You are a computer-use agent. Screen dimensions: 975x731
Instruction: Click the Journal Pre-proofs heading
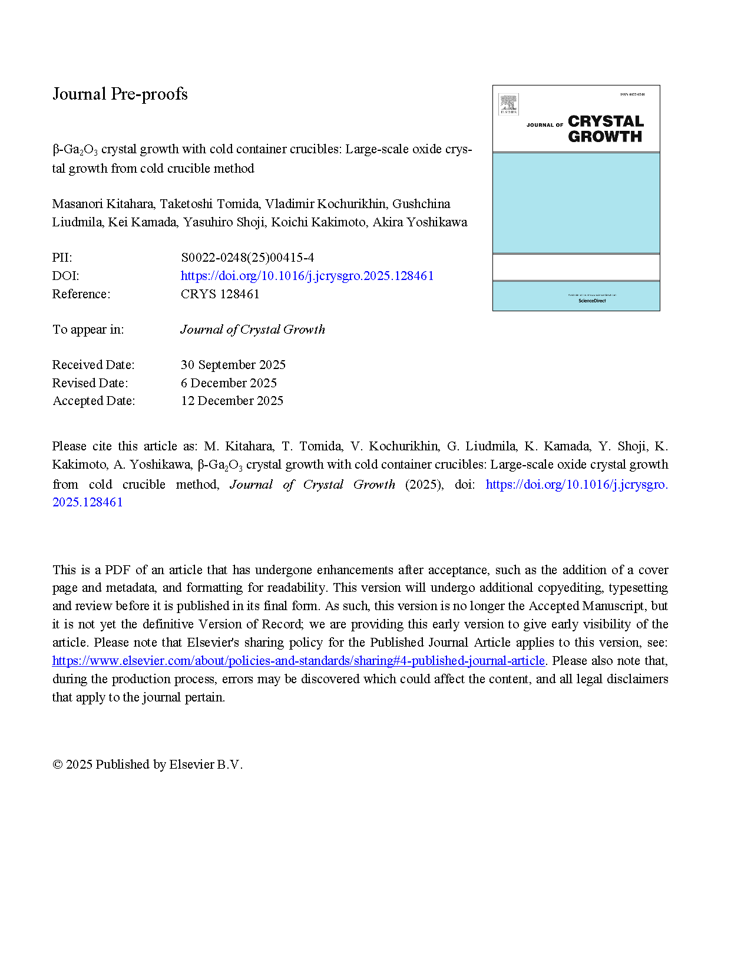(x=120, y=94)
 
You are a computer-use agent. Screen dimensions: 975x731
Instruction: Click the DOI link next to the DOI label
(x=307, y=276)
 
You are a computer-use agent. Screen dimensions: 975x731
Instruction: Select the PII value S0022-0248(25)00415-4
(x=247, y=258)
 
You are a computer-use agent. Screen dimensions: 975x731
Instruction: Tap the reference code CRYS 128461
(x=220, y=294)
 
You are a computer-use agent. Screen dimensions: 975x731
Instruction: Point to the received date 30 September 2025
(x=233, y=365)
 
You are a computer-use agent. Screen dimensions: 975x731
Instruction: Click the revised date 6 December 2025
(x=229, y=383)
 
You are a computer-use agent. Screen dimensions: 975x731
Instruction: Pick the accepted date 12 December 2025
(x=232, y=401)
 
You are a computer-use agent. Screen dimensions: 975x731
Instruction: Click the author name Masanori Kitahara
(x=103, y=204)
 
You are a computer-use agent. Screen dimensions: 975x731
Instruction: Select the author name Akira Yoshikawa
(x=420, y=222)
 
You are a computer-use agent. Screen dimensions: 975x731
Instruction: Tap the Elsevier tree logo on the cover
(x=508, y=104)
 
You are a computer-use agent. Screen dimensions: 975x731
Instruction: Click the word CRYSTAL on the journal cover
(x=606, y=121)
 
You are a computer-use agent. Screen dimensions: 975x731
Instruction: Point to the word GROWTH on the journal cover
(x=605, y=137)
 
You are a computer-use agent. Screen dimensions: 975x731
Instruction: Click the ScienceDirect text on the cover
(x=592, y=301)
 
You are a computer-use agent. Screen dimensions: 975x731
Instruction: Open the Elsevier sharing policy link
(x=298, y=661)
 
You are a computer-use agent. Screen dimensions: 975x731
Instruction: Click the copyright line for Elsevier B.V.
(x=147, y=765)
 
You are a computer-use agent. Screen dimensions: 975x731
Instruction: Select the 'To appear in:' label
(x=88, y=330)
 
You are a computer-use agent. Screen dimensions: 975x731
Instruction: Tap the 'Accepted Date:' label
(x=94, y=401)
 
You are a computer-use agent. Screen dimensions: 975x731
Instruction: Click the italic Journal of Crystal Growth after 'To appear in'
(x=253, y=330)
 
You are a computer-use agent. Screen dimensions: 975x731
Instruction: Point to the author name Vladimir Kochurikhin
(x=325, y=204)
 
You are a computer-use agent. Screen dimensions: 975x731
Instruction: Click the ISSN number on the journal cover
(x=632, y=94)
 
